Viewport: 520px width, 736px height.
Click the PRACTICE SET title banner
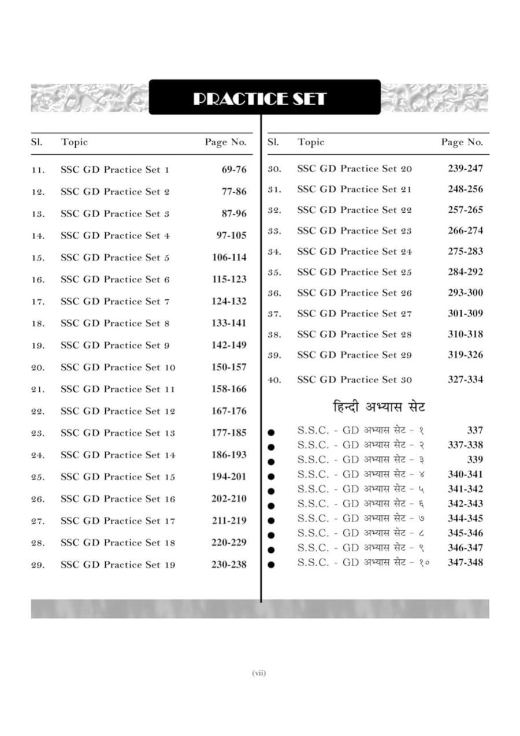264,98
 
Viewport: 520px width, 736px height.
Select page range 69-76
233,169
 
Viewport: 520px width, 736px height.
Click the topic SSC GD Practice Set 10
118,367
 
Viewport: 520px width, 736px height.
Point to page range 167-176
229,411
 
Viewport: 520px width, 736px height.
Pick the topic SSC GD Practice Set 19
118,565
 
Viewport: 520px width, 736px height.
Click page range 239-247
465,169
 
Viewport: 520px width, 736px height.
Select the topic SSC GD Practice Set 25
354,272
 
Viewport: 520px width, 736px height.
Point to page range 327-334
465,380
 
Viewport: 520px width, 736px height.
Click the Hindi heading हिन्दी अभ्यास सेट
379,407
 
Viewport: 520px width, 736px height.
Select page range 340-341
465,474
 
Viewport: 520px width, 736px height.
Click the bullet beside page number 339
272,461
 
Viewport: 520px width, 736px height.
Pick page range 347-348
465,562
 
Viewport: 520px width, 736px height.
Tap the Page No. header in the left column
225,142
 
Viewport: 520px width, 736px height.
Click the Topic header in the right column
311,142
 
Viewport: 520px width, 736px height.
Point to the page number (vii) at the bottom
259,673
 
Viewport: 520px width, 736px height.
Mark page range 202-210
229,499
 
